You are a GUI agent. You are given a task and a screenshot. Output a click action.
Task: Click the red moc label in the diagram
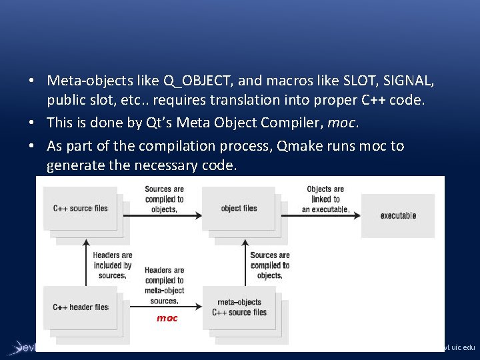[167, 318]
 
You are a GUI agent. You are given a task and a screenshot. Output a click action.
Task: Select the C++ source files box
[81, 208]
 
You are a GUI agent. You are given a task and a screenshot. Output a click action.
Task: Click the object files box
[239, 208]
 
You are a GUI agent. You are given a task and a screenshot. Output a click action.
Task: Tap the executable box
[398, 215]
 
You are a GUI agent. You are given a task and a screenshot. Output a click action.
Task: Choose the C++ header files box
[81, 307]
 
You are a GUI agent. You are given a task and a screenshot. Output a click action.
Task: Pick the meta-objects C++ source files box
[239, 307]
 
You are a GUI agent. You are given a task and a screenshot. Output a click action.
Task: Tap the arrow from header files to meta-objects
[167, 307]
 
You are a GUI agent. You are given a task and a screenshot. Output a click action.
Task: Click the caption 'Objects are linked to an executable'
[325, 199]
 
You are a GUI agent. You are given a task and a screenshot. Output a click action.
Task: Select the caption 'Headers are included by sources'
[112, 265]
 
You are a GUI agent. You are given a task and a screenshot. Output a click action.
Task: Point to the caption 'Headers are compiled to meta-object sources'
[164, 285]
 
